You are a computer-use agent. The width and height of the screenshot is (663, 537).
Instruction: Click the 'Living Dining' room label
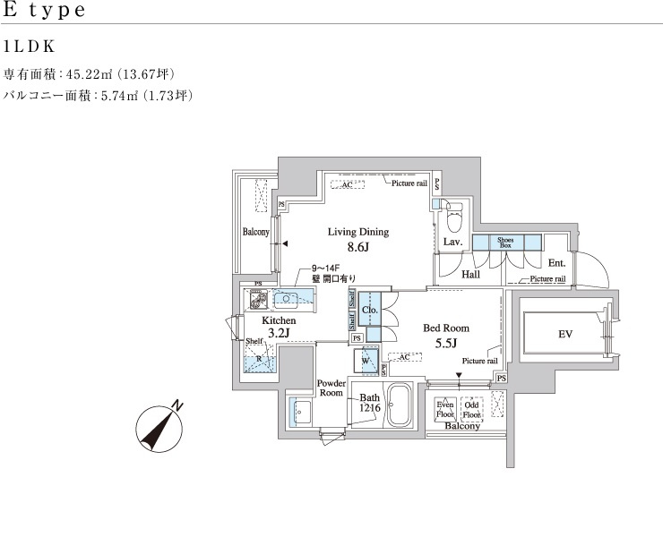[357, 232]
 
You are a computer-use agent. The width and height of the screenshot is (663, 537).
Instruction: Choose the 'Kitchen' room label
[279, 320]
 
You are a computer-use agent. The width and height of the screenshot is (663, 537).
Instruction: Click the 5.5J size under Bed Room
[446, 343]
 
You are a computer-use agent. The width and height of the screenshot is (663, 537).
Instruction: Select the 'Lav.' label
[452, 243]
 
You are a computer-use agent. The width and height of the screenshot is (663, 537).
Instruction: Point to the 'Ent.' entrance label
[555, 263]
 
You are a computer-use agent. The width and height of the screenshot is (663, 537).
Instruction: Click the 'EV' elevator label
[564, 334]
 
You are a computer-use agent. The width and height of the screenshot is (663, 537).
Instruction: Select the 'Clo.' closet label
[369, 310]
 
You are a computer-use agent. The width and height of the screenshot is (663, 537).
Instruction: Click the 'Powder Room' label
[331, 388]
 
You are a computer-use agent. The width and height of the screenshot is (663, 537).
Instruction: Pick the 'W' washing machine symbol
[366, 362]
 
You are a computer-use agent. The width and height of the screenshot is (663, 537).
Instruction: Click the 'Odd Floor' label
[472, 410]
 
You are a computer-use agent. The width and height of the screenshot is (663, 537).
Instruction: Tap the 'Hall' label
[470, 274]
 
